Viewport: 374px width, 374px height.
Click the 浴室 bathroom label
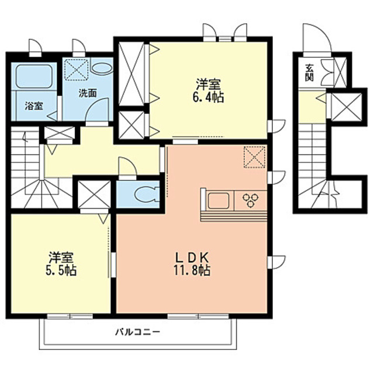tap(34, 106)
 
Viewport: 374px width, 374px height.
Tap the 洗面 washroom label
tap(88, 93)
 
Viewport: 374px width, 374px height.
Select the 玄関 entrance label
tap(309, 72)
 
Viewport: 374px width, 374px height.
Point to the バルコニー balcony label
tap(138, 332)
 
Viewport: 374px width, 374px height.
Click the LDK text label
tap(192, 257)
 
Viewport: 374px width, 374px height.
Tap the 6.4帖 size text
tap(208, 98)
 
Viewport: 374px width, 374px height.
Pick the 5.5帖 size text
tap(61, 271)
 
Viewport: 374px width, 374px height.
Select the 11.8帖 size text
tap(192, 271)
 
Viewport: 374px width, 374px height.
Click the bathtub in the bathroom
tap(34, 76)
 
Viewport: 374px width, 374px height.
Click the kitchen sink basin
tap(219, 200)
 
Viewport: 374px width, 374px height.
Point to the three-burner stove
tap(251, 200)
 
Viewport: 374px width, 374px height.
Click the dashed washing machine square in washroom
tap(77, 70)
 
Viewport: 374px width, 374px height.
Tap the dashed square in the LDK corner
tap(255, 157)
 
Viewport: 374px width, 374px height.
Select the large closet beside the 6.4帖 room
tap(131, 74)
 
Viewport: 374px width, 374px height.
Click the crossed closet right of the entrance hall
tap(347, 106)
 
